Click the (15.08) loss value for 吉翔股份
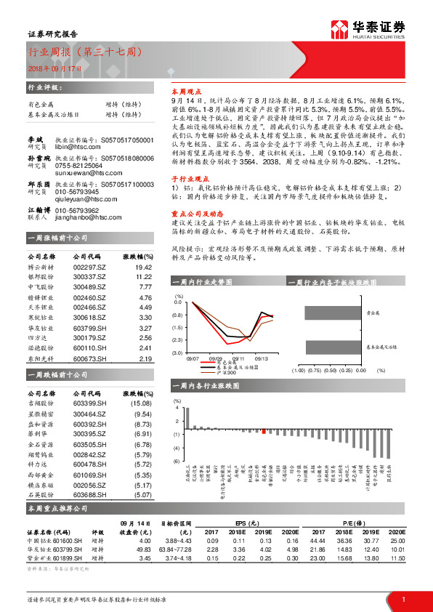click(x=141, y=402)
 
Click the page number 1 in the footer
click(x=404, y=599)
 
